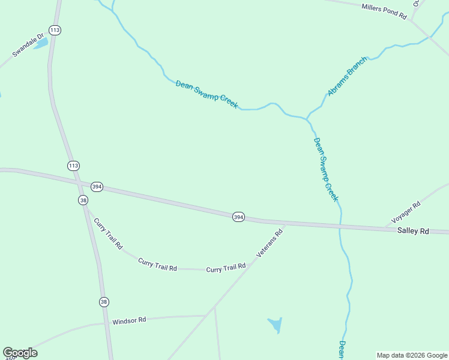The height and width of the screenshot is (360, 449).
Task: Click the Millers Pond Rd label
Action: click(384, 10)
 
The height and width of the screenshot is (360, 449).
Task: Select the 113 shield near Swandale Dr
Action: click(55, 30)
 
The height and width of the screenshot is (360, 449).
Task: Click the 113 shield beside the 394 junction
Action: click(73, 165)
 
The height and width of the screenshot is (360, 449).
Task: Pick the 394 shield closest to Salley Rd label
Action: click(238, 217)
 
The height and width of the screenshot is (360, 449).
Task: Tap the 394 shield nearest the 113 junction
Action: click(97, 187)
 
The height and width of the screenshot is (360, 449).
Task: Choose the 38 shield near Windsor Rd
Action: click(104, 301)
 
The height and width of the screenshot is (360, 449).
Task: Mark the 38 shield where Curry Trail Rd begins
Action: click(83, 200)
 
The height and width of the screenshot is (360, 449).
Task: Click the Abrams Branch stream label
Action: click(346, 77)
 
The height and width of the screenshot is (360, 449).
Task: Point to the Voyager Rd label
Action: click(406, 212)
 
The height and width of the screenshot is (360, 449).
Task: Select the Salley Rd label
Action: click(413, 231)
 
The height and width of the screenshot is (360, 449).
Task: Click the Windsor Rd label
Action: click(129, 321)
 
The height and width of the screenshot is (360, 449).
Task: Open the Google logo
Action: click(20, 353)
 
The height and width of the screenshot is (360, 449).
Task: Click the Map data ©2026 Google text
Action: click(411, 355)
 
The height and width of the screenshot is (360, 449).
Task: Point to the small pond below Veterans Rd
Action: click(275, 325)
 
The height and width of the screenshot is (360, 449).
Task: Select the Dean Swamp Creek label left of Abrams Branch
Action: click(206, 94)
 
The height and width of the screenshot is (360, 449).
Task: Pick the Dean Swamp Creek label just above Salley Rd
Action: click(326, 170)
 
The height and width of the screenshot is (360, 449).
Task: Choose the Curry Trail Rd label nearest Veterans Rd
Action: click(226, 268)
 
